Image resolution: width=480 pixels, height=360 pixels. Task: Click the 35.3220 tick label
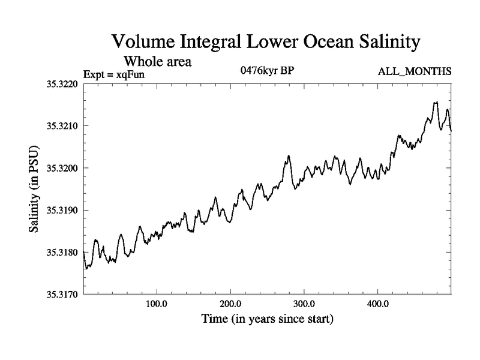[x=62, y=84]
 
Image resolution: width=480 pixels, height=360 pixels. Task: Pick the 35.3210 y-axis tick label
[x=62, y=126]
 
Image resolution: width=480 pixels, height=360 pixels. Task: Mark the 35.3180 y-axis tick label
[x=62, y=253]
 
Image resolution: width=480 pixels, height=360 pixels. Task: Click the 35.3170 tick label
[x=62, y=295]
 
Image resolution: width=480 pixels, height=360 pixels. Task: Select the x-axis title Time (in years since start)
[x=267, y=319]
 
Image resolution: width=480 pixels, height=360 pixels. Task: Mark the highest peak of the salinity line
[x=436, y=102]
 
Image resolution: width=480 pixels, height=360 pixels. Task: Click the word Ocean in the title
[x=310, y=42]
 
